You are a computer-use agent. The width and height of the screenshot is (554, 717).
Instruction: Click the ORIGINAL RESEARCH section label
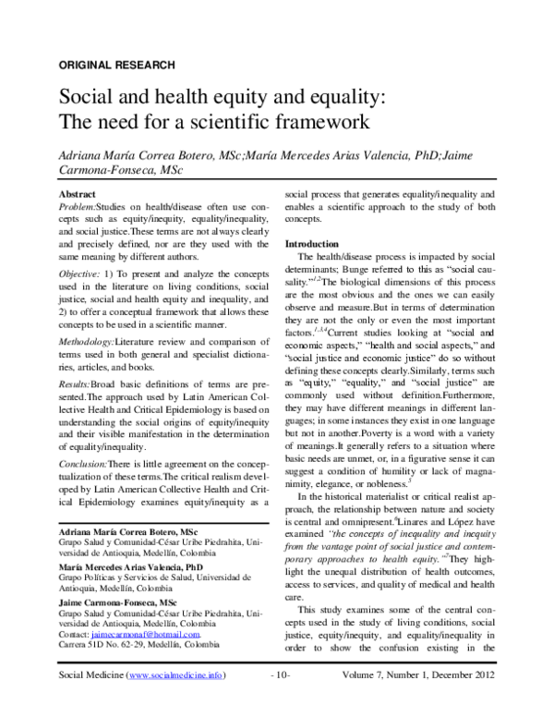click(116, 65)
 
